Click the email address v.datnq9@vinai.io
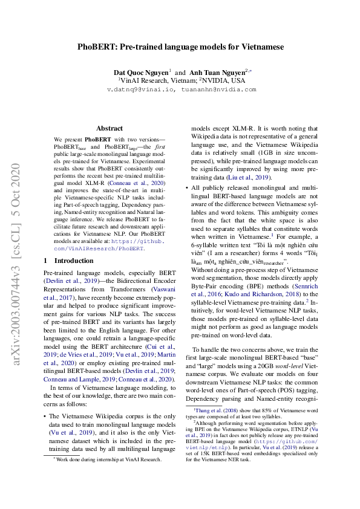point(140,89)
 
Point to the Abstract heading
point(110,128)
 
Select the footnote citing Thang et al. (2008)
point(254,410)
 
